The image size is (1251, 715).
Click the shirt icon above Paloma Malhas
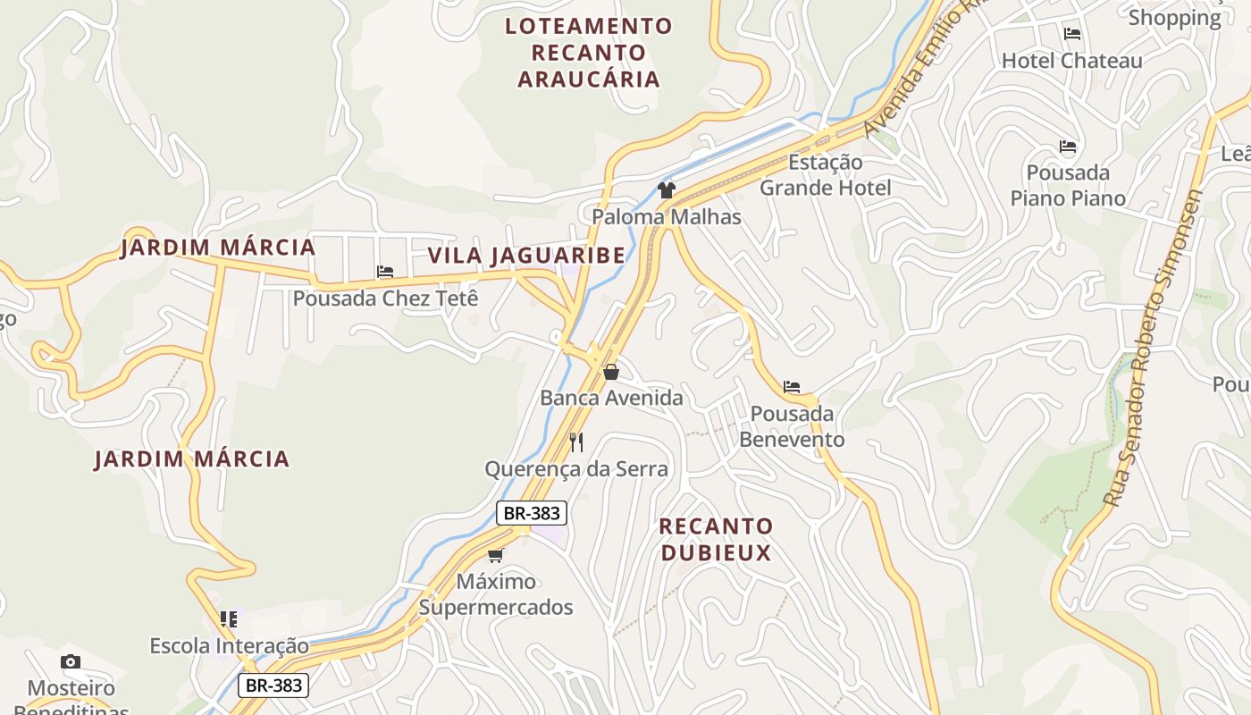(666, 189)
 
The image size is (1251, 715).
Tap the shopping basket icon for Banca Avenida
(611, 372)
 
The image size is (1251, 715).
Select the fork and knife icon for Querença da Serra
(576, 442)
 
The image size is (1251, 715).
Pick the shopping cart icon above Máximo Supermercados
(496, 555)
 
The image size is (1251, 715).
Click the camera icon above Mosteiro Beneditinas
(71, 661)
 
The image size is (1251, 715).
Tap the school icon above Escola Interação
(229, 618)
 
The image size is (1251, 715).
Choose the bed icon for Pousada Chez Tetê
(385, 272)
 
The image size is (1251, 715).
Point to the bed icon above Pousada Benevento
(792, 387)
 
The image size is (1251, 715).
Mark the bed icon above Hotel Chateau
(1072, 34)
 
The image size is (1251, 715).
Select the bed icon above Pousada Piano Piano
(1068, 147)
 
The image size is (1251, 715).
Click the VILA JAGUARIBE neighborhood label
(526, 256)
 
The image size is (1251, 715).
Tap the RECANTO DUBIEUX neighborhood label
(716, 539)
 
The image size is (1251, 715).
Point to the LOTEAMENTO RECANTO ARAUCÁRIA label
(588, 52)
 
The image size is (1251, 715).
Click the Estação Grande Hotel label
(825, 175)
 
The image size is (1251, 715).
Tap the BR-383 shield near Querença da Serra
(531, 513)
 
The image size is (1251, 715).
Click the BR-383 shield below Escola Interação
(273, 686)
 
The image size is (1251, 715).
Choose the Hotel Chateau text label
(1071, 61)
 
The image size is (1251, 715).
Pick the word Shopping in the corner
(1174, 18)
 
